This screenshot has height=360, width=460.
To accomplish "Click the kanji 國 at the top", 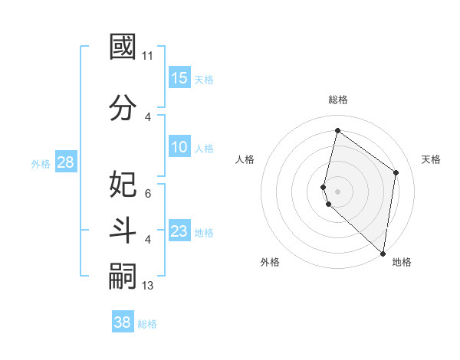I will pyautogui.click(x=123, y=47).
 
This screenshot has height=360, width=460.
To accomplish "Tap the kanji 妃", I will pyautogui.click(x=123, y=184).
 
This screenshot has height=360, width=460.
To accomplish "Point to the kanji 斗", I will pyautogui.click(x=123, y=230).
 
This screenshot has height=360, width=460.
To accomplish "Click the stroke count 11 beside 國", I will pyautogui.click(x=148, y=56).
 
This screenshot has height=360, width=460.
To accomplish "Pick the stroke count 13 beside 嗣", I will pyautogui.click(x=148, y=286).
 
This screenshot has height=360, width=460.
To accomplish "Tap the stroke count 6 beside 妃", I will pyautogui.click(x=148, y=194).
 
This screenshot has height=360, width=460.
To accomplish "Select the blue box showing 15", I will pyautogui.click(x=179, y=78).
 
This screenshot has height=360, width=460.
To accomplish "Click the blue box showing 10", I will pyautogui.click(x=179, y=147).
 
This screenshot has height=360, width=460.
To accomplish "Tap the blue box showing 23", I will pyautogui.click(x=179, y=231).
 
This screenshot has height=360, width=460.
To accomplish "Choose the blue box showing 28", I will pyautogui.click(x=65, y=162).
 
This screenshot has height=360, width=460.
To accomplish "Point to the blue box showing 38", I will pyautogui.click(x=123, y=322).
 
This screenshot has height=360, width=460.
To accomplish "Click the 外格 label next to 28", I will pyautogui.click(x=41, y=163).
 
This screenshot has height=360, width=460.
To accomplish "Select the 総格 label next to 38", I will pyautogui.click(x=147, y=324).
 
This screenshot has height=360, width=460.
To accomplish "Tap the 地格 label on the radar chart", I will pyautogui.click(x=402, y=262).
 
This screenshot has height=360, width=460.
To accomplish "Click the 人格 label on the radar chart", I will pyautogui.click(x=245, y=159).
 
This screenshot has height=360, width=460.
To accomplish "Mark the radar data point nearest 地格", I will pyautogui.click(x=383, y=254).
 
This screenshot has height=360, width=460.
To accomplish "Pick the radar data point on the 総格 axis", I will pyautogui.click(x=337, y=130).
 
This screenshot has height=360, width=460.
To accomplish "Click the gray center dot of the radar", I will pyautogui.click(x=337, y=191).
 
